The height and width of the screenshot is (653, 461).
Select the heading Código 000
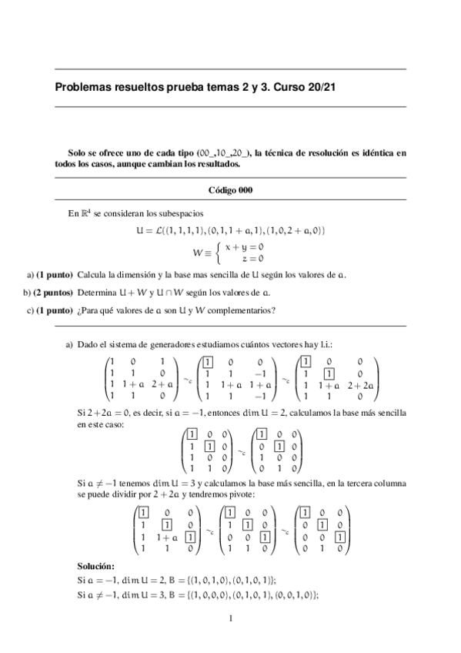(230, 189)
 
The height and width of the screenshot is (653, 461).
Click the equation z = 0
(253, 259)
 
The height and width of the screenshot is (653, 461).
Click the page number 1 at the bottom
(230, 618)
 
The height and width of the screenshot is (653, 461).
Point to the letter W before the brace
(198, 252)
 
